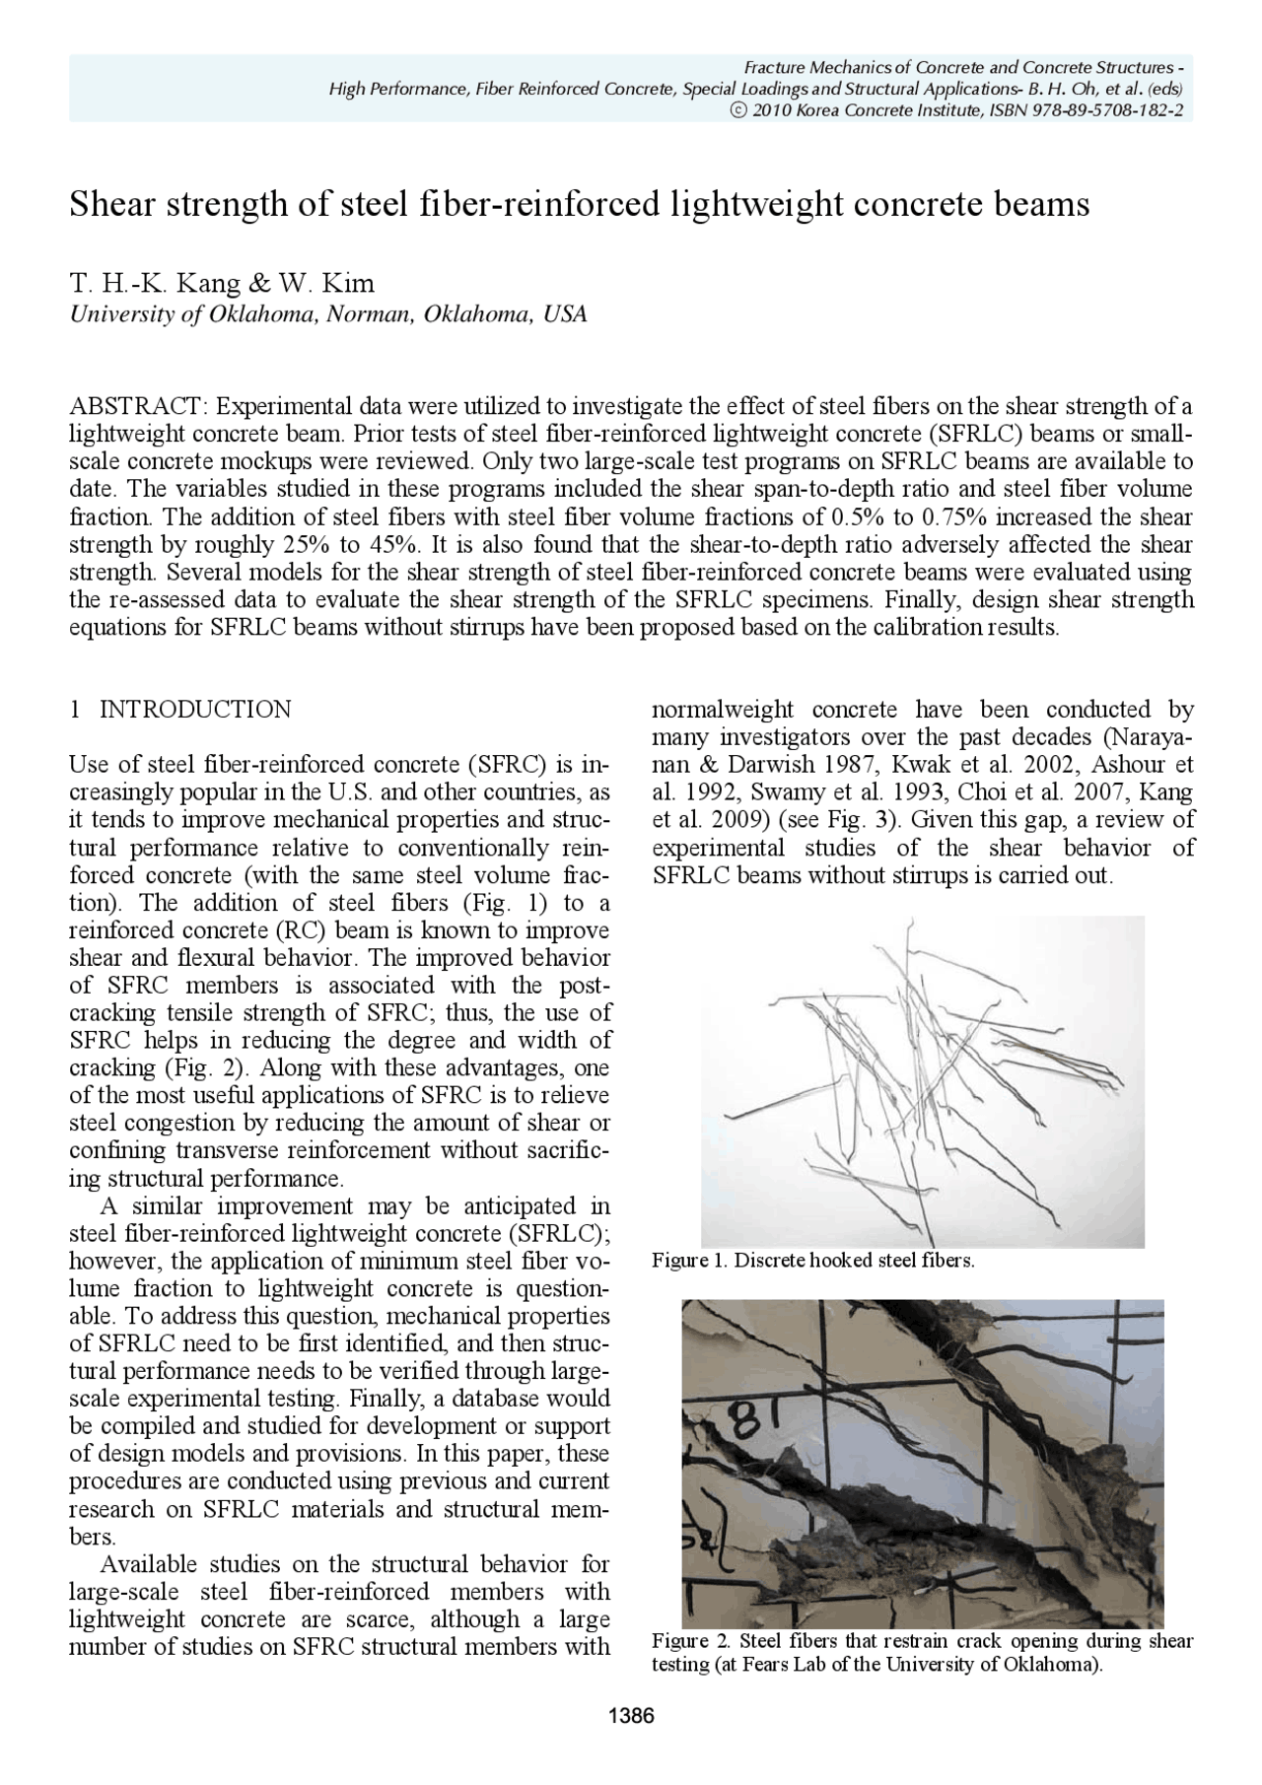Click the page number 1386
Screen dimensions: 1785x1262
tap(632, 1717)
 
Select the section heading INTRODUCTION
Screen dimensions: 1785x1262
tap(196, 710)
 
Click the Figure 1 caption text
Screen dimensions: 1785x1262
tap(813, 1261)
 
